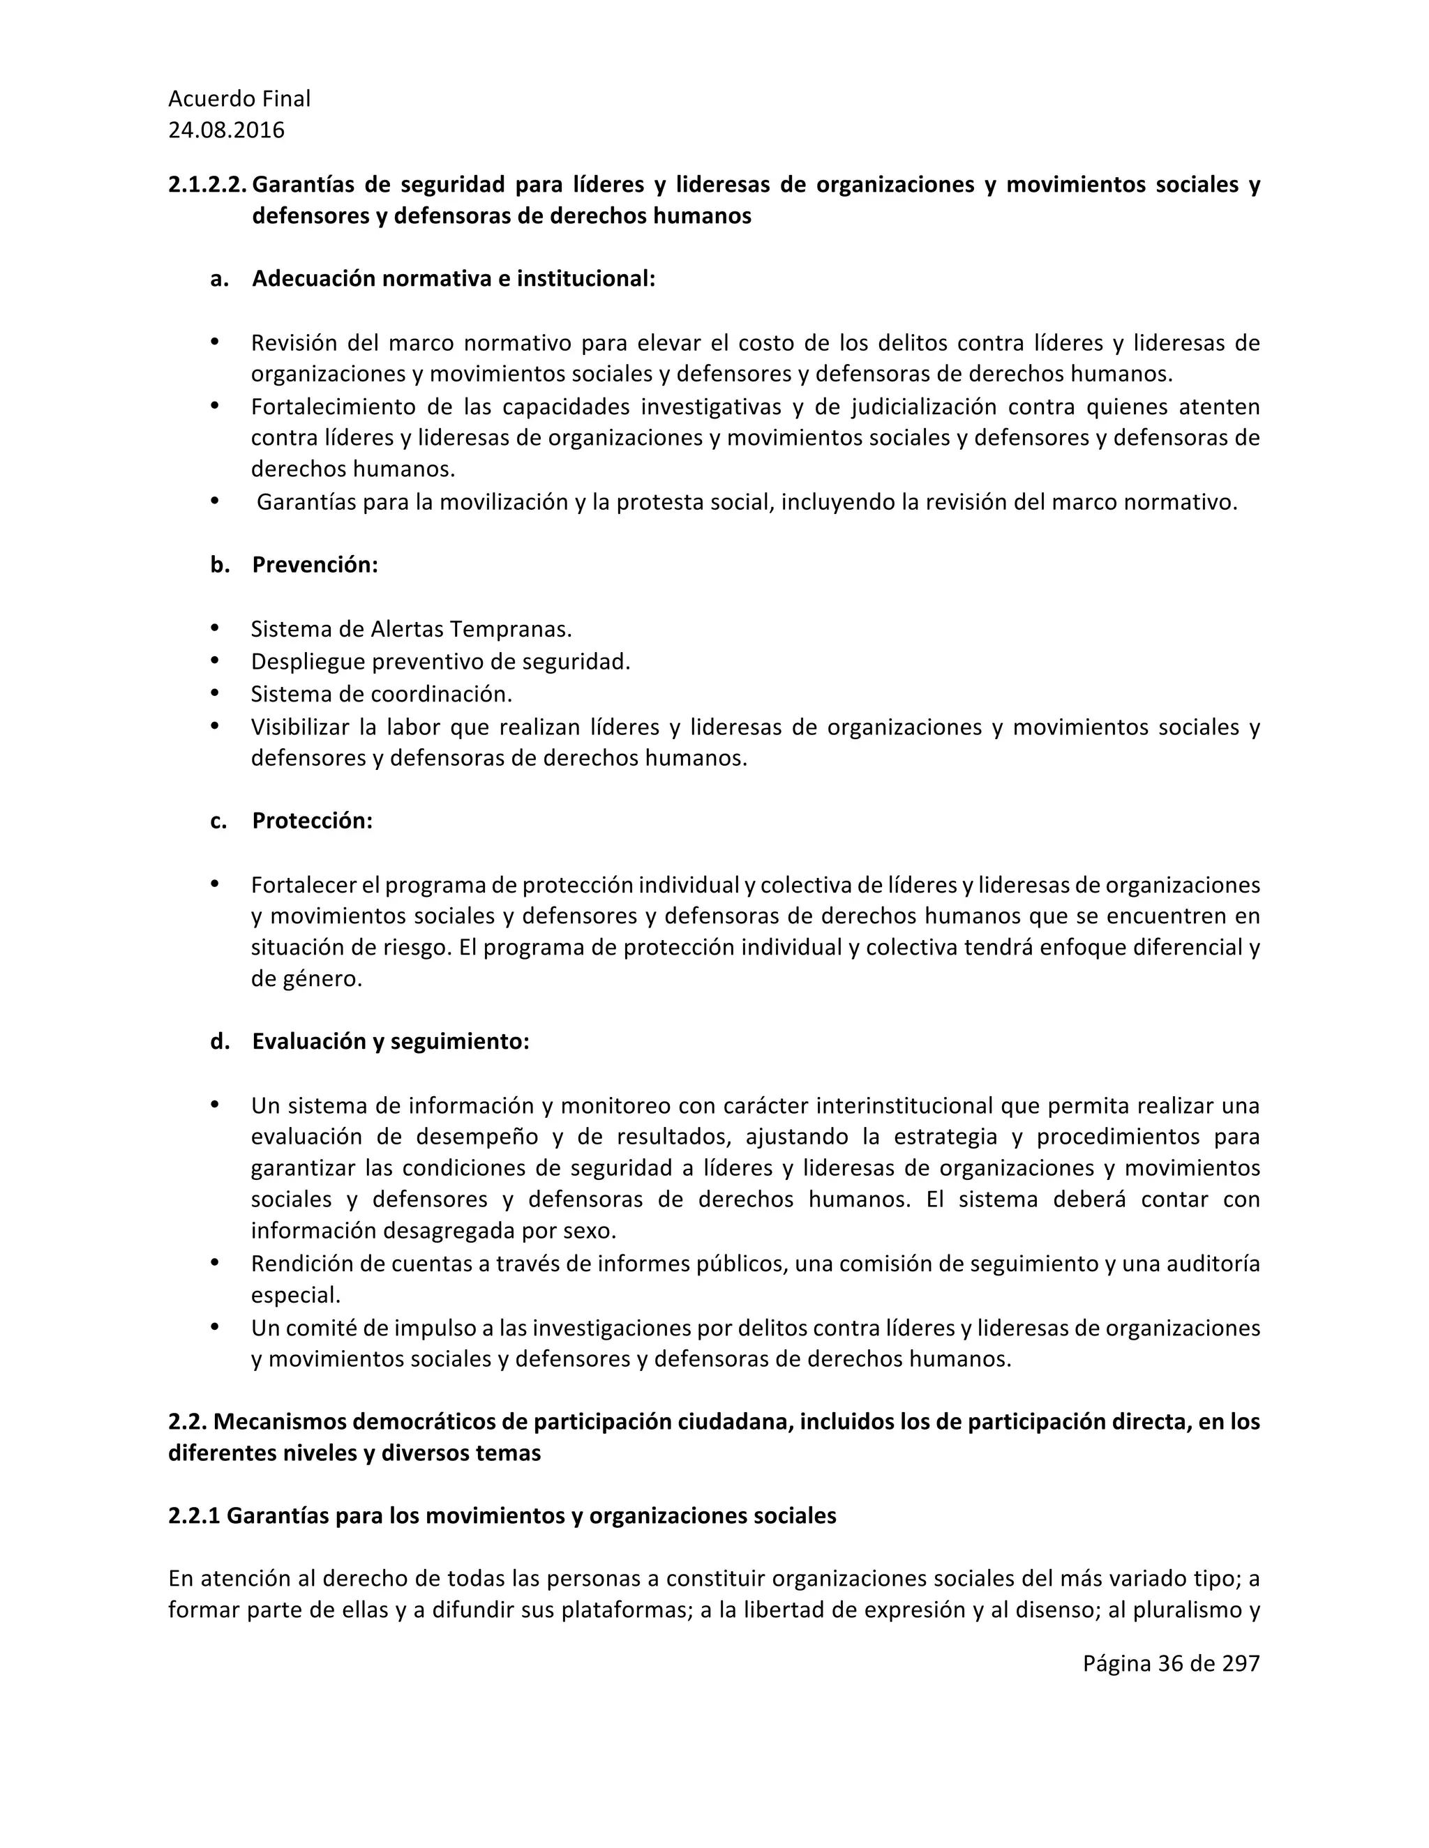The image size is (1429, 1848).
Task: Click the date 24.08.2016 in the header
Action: (x=226, y=130)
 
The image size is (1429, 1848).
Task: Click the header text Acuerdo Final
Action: (x=239, y=99)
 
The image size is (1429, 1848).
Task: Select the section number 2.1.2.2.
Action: (x=207, y=185)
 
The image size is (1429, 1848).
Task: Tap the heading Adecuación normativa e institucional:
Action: (x=454, y=278)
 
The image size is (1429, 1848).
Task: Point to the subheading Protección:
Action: (x=313, y=821)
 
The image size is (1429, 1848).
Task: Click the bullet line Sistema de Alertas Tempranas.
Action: (x=412, y=629)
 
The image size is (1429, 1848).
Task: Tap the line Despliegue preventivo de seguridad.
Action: (x=440, y=661)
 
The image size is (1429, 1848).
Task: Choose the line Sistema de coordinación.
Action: (x=382, y=694)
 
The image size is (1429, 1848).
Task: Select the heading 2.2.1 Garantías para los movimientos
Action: (x=502, y=1515)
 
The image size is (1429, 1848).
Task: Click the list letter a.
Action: (x=219, y=278)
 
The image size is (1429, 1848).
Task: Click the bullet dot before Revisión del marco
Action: (x=214, y=342)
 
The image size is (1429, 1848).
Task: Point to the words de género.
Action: (x=306, y=979)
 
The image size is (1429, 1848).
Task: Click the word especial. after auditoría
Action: (x=295, y=1294)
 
